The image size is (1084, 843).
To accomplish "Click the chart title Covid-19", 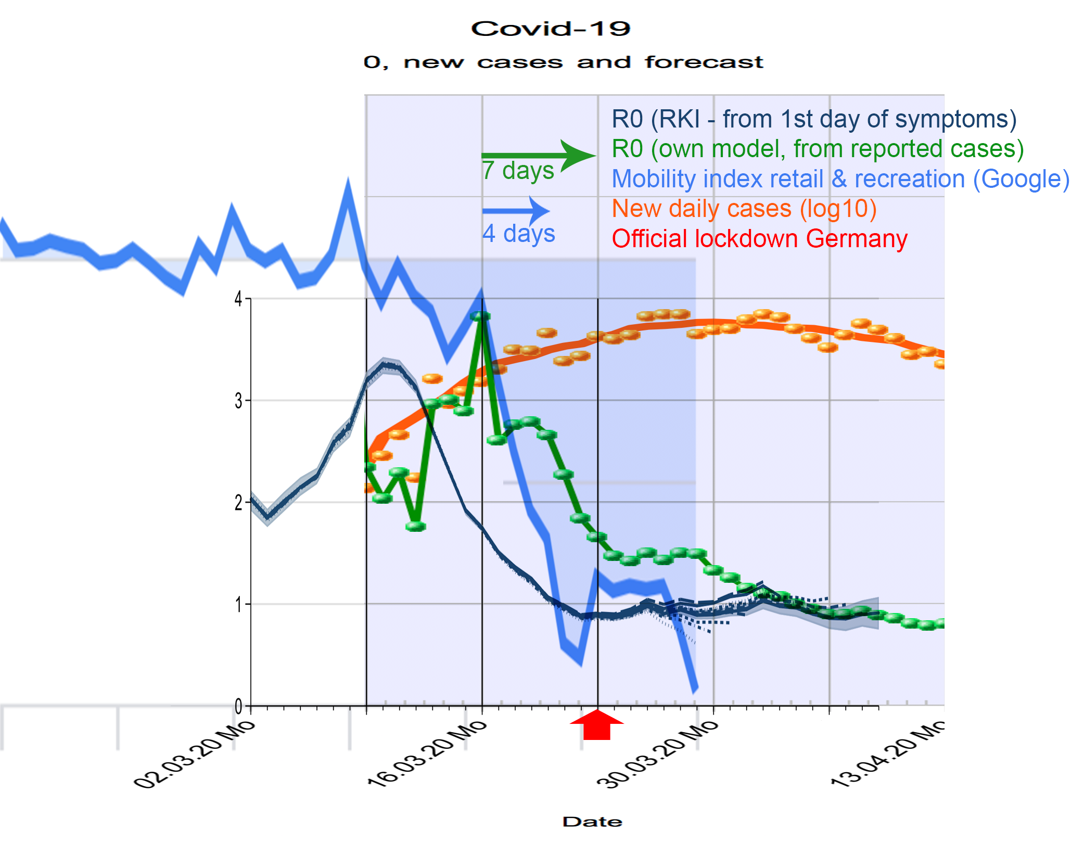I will click(x=551, y=29).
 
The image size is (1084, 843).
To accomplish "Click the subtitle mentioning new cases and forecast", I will click(x=563, y=62).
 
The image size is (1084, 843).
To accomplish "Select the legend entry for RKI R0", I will click(x=813, y=119).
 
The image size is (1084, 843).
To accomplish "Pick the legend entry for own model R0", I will click(x=817, y=149).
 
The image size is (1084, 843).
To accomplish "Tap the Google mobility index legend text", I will click(x=840, y=179).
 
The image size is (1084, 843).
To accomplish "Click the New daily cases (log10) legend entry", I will click(x=744, y=209).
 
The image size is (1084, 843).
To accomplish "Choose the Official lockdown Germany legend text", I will click(x=759, y=239).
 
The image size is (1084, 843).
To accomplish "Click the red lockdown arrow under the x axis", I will click(x=597, y=724).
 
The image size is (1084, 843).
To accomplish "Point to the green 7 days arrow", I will click(x=539, y=155).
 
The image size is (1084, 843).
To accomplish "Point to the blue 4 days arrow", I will click(x=516, y=211).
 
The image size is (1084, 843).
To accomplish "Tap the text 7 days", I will click(x=518, y=171).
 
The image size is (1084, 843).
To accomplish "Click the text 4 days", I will click(x=518, y=234).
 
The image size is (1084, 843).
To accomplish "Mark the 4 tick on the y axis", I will click(x=238, y=299).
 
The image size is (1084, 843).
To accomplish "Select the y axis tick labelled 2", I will click(x=238, y=503).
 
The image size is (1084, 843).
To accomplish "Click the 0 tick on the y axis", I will click(x=238, y=707).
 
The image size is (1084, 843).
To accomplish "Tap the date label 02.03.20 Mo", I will click(x=195, y=754).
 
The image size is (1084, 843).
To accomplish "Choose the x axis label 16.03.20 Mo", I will click(x=427, y=754).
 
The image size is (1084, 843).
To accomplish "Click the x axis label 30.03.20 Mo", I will click(x=657, y=754).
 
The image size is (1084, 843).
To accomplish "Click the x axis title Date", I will click(x=592, y=822).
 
